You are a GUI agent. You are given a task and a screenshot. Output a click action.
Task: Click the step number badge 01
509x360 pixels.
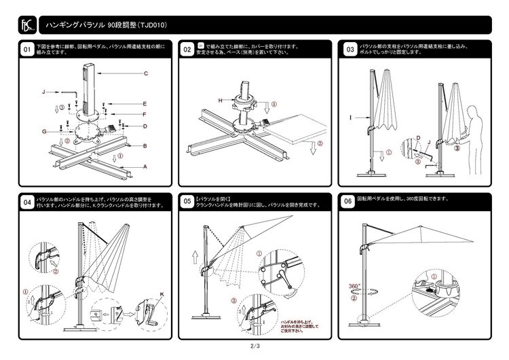26,50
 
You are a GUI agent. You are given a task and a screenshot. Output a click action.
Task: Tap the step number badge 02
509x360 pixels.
187,50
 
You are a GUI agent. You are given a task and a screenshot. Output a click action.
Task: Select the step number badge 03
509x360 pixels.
349,50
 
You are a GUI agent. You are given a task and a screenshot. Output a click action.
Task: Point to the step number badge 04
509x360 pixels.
26,202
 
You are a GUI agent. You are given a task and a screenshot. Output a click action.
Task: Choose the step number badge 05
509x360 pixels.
187,202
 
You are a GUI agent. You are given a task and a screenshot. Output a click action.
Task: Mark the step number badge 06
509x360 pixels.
349,202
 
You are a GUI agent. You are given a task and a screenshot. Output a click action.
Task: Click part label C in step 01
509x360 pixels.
146,73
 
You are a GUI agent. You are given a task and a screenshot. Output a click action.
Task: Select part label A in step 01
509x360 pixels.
145,166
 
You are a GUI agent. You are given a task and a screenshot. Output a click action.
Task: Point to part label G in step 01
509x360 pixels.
43,130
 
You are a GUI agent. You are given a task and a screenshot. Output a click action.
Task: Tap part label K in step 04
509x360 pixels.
162,293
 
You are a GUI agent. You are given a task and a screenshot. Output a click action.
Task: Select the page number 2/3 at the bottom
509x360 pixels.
254,347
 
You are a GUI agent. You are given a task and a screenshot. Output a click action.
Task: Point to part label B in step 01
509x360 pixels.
145,146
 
